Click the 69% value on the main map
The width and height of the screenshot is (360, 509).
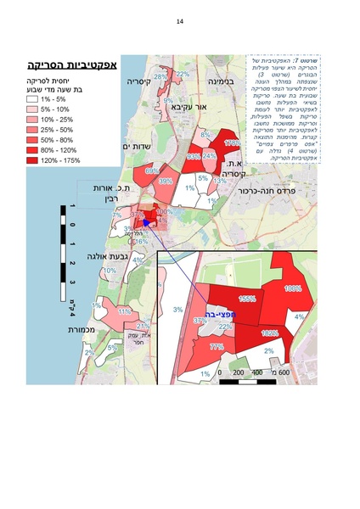[x=152, y=171]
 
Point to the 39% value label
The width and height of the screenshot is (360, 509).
[x=165, y=182]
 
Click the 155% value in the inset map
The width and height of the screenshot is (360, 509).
[x=247, y=299]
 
